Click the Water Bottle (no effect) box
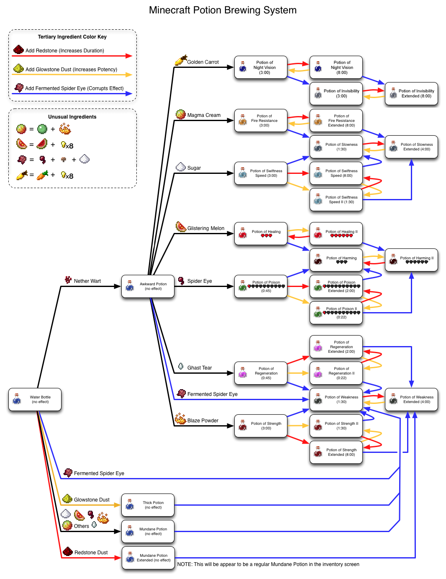[x=35, y=399]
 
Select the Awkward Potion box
[x=148, y=286]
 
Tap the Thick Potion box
[x=148, y=505]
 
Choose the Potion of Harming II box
[x=411, y=260]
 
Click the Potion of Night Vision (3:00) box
[x=261, y=67]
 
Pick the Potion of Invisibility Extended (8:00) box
[x=411, y=93]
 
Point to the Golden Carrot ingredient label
[x=202, y=62]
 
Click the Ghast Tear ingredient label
[x=199, y=368]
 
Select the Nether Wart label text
[x=87, y=281]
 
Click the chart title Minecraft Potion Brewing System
[x=223, y=10]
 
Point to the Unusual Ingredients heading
[x=72, y=117]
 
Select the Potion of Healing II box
[x=336, y=233]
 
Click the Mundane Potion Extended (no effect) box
[x=148, y=558]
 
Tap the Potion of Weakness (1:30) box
[x=336, y=399]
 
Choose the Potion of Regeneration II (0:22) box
[x=336, y=373]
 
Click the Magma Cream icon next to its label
[x=180, y=114]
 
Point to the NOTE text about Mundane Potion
[x=268, y=564]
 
